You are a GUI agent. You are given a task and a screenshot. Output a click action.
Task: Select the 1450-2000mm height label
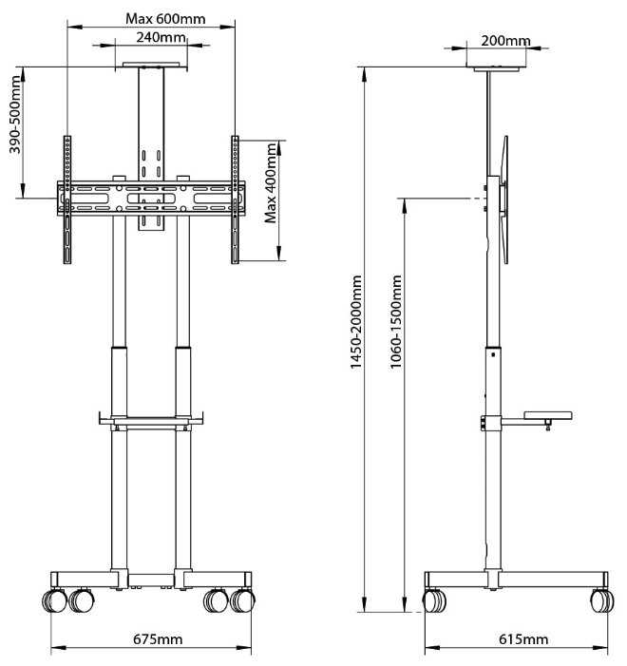click(356, 338)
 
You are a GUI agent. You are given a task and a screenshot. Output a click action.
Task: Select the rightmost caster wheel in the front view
click(245, 601)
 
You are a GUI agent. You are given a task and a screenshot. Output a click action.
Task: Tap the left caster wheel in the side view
click(435, 601)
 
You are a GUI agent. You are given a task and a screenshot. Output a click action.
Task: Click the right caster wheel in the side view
click(601, 601)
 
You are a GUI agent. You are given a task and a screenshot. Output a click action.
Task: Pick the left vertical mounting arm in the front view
click(67, 200)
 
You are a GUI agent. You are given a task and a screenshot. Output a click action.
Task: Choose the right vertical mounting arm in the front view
click(235, 200)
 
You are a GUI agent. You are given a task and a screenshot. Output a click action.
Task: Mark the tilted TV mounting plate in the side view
click(504, 200)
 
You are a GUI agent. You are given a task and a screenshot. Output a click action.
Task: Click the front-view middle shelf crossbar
click(151, 420)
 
